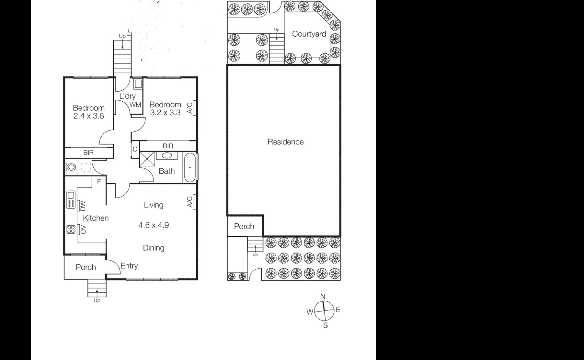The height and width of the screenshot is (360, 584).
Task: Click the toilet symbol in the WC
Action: coord(71,167)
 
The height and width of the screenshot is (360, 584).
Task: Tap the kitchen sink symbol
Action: coord(71,199)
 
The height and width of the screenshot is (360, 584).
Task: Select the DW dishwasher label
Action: coord(83,205)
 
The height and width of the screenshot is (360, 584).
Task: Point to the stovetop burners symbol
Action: coord(71,230)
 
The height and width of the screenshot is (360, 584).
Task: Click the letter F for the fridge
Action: coord(99,182)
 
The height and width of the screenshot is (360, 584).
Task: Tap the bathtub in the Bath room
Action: coord(190,168)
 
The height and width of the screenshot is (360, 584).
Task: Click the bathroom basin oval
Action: coord(167,156)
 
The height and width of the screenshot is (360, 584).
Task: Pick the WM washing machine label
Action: coord(135,105)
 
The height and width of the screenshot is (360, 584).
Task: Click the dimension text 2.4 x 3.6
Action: coord(88,116)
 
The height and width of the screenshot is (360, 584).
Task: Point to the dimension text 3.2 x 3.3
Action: coord(165,113)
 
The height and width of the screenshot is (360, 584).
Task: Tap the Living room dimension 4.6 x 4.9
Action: coord(154,225)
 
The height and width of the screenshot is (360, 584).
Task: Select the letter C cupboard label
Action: coord(135,149)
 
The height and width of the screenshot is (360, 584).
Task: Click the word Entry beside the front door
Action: coord(129,266)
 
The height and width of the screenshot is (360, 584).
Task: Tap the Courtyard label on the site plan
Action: coord(309,34)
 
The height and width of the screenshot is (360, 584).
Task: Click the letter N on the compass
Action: coord(323,296)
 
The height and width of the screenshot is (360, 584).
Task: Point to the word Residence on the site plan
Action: coord(285,142)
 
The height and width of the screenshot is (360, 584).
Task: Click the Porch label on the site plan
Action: coord(244,226)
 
